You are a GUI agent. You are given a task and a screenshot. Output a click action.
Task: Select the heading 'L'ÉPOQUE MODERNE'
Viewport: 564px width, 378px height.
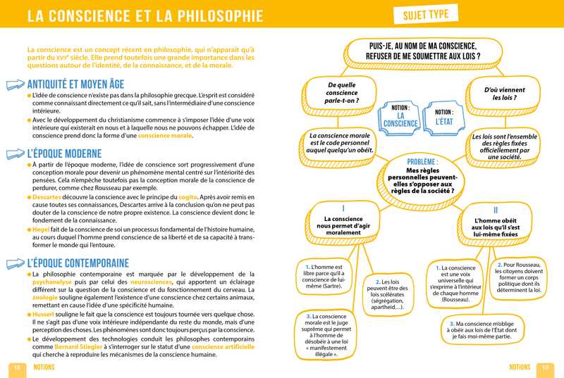70,153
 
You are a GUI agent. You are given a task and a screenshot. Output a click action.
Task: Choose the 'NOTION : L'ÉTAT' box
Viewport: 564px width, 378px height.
444,117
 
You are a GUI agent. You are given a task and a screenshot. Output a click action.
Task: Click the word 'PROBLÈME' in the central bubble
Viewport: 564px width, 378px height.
423,161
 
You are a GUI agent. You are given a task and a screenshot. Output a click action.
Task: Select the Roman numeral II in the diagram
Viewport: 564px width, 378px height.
496,210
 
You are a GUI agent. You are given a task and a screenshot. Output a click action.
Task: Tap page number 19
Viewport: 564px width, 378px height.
546,367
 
